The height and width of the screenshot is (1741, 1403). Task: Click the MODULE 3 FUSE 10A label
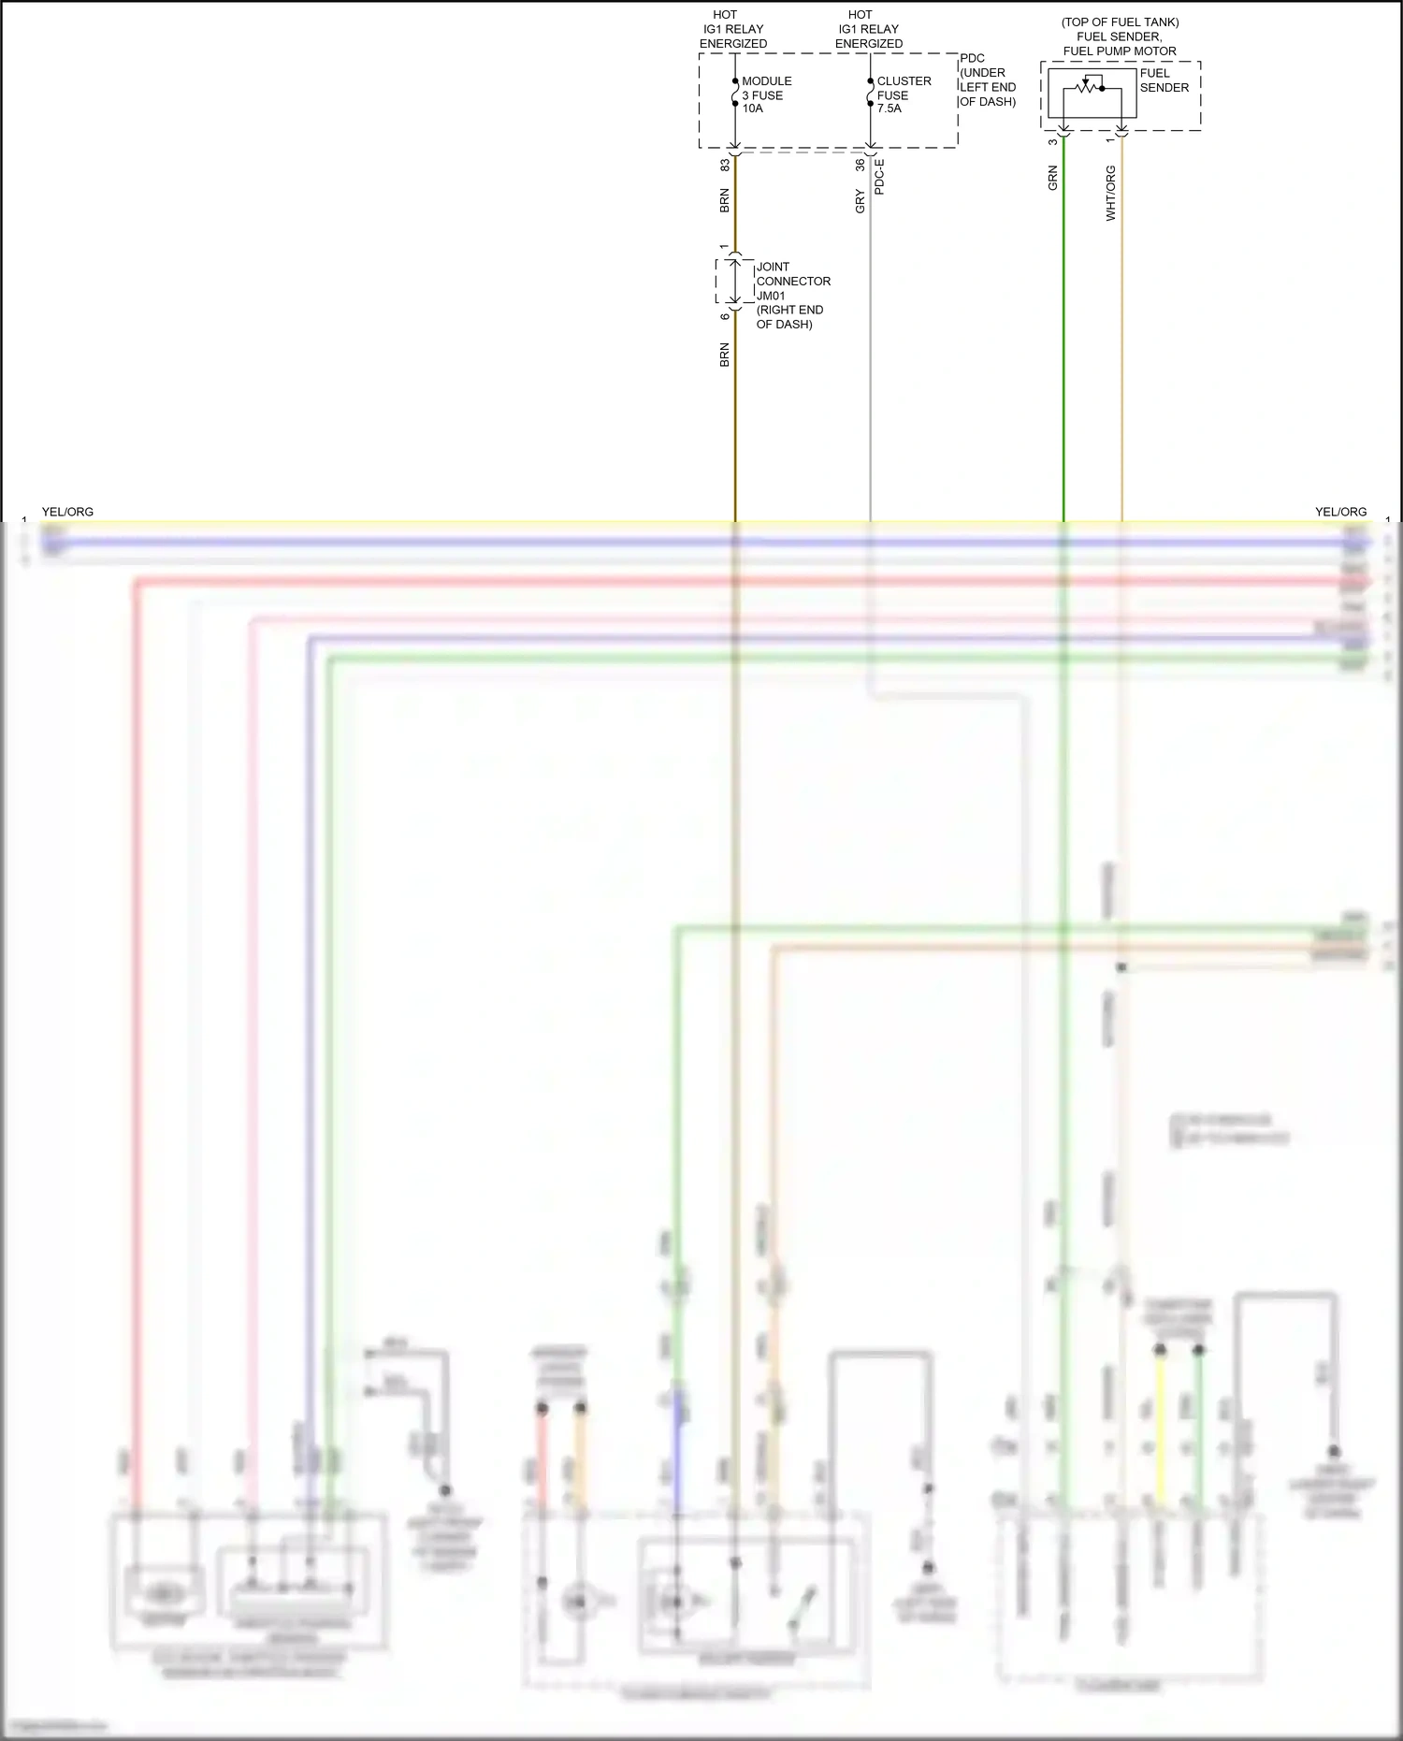(x=766, y=94)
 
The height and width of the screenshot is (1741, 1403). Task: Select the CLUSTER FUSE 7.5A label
(x=903, y=94)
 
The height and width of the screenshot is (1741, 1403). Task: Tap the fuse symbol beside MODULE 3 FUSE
(x=735, y=93)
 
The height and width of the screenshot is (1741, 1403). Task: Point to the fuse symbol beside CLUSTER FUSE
(x=871, y=93)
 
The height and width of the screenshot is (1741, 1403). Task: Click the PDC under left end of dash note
(x=987, y=80)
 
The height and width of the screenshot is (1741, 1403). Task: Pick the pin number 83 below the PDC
(x=725, y=165)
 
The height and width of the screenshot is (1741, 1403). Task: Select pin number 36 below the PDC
(x=861, y=165)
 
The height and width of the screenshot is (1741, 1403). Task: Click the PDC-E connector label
(x=879, y=176)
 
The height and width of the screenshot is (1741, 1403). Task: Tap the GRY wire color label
(x=861, y=201)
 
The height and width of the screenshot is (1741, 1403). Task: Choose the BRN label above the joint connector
(x=725, y=201)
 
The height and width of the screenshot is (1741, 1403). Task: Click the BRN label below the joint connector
(x=725, y=355)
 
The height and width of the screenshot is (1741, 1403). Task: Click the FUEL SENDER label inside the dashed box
(x=1164, y=80)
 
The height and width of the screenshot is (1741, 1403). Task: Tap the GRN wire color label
(x=1053, y=178)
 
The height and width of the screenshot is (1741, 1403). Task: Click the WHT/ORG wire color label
(x=1111, y=193)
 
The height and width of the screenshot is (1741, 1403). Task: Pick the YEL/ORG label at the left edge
(x=67, y=512)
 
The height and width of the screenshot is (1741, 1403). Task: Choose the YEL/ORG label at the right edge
(x=1340, y=512)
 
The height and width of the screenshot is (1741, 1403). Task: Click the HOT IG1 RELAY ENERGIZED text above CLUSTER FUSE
(x=868, y=29)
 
